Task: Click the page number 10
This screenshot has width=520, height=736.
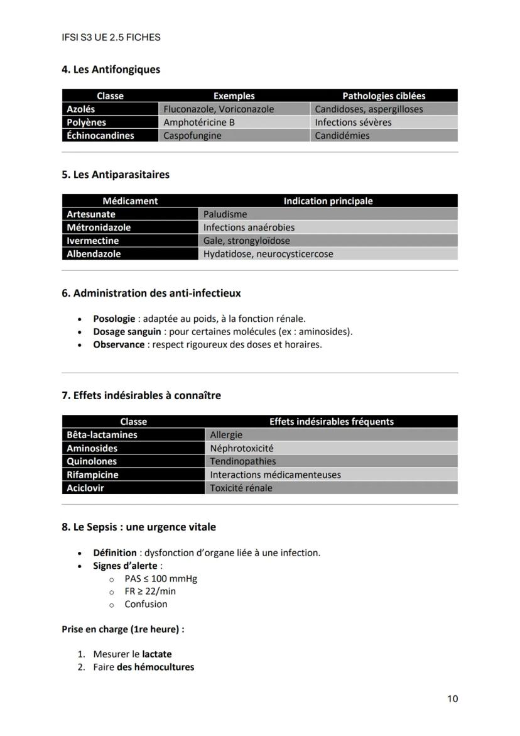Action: point(452,698)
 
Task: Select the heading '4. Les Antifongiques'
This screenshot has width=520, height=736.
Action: point(111,69)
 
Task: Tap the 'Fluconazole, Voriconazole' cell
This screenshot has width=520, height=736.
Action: point(219,109)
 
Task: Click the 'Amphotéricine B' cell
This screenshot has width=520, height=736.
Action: point(199,123)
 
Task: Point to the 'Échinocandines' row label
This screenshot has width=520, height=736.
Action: point(100,136)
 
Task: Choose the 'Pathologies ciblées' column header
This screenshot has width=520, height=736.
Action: point(384,96)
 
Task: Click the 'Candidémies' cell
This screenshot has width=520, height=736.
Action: point(342,136)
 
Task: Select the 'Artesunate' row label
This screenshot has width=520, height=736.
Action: point(91,214)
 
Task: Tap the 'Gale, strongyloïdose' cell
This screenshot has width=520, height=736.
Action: point(247,241)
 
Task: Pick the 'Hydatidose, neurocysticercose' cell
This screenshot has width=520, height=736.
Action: point(268,254)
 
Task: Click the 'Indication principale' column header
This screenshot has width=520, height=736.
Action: point(328,201)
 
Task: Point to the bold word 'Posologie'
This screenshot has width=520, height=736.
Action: point(114,319)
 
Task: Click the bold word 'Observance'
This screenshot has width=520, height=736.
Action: point(119,344)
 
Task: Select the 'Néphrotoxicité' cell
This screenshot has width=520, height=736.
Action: point(242,448)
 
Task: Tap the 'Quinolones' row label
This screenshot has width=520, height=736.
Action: point(92,461)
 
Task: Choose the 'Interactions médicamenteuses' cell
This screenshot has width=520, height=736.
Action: point(275,475)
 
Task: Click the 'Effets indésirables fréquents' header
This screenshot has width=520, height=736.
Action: point(331,422)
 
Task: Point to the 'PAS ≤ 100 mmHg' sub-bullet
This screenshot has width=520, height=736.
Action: point(161,578)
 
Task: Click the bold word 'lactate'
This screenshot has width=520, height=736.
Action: point(156,654)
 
